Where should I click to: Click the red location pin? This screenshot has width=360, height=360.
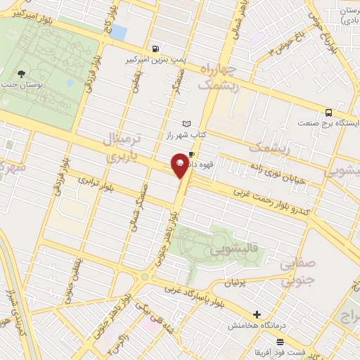180,165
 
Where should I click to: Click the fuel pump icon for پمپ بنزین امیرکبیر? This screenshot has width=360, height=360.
154,49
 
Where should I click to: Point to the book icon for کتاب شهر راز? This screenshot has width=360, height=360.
186,124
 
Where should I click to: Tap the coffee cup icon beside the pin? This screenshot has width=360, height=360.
191,152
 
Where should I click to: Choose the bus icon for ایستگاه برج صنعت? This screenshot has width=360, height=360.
328,112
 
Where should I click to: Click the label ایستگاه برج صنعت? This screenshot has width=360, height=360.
328,124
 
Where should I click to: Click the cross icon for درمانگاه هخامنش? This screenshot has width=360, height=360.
257,314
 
